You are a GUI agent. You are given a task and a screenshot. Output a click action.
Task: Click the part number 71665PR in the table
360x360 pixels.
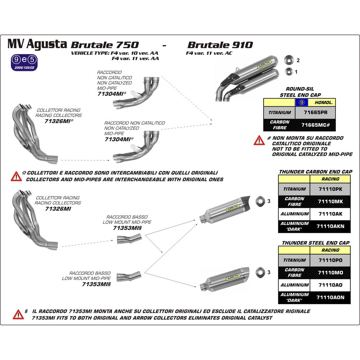(x=315, y=112)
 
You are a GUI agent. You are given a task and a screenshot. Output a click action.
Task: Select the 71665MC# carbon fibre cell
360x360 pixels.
(x=315, y=125)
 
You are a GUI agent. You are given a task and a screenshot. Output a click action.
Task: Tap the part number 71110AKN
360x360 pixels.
(x=330, y=226)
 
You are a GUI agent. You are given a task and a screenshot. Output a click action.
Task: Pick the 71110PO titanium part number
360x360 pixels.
(x=330, y=260)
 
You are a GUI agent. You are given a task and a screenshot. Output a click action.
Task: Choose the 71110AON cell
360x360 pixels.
(x=330, y=297)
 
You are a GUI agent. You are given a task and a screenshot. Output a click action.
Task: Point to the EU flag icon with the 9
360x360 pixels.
(x=301, y=102)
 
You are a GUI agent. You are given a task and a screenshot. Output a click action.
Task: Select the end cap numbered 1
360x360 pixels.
(x=288, y=71)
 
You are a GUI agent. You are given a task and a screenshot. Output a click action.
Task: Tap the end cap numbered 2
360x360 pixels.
(x=288, y=60)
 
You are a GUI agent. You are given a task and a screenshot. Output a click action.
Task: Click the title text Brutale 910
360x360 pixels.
(x=220, y=45)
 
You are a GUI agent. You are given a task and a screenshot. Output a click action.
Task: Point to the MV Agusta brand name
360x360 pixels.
(x=37, y=44)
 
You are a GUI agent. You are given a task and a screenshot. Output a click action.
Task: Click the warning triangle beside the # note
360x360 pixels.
(x=259, y=140)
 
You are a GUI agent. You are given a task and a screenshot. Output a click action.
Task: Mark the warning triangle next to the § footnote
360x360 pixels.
(x=18, y=314)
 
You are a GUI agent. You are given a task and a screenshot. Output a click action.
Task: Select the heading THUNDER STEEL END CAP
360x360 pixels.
(x=316, y=243)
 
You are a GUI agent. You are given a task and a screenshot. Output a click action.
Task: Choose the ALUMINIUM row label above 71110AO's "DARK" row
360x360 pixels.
(x=294, y=285)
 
